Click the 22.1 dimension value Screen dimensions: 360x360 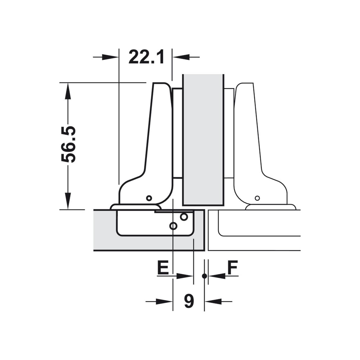(146, 57)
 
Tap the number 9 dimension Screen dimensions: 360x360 (189, 301)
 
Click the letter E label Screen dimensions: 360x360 (163, 267)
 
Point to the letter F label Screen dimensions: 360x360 (232, 267)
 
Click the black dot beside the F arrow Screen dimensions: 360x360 (204, 276)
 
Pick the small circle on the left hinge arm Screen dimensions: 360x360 (149, 198)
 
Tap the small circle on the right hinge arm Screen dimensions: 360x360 (257, 198)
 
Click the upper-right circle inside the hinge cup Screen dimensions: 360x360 (184, 216)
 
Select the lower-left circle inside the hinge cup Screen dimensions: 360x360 (174, 226)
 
